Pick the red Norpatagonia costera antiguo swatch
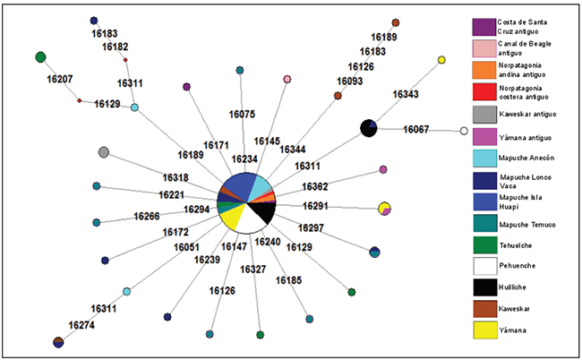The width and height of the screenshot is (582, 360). [484, 91]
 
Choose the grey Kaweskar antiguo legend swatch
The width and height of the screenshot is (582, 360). [484, 114]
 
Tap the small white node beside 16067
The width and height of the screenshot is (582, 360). [464, 131]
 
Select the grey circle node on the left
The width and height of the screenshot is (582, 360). [104, 152]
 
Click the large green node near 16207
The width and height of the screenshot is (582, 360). [40, 57]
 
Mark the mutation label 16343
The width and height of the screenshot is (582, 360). [405, 93]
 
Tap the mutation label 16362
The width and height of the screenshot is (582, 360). [314, 186]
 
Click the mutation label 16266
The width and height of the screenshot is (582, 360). [147, 216]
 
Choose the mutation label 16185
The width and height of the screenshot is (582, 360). [288, 280]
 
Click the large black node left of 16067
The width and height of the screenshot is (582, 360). [368, 128]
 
